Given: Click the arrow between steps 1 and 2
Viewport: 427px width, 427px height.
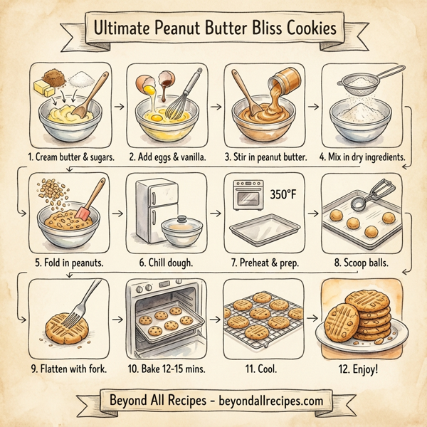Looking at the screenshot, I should [119, 107].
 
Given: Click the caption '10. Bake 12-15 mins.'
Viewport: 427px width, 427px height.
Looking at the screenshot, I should [167, 369].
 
